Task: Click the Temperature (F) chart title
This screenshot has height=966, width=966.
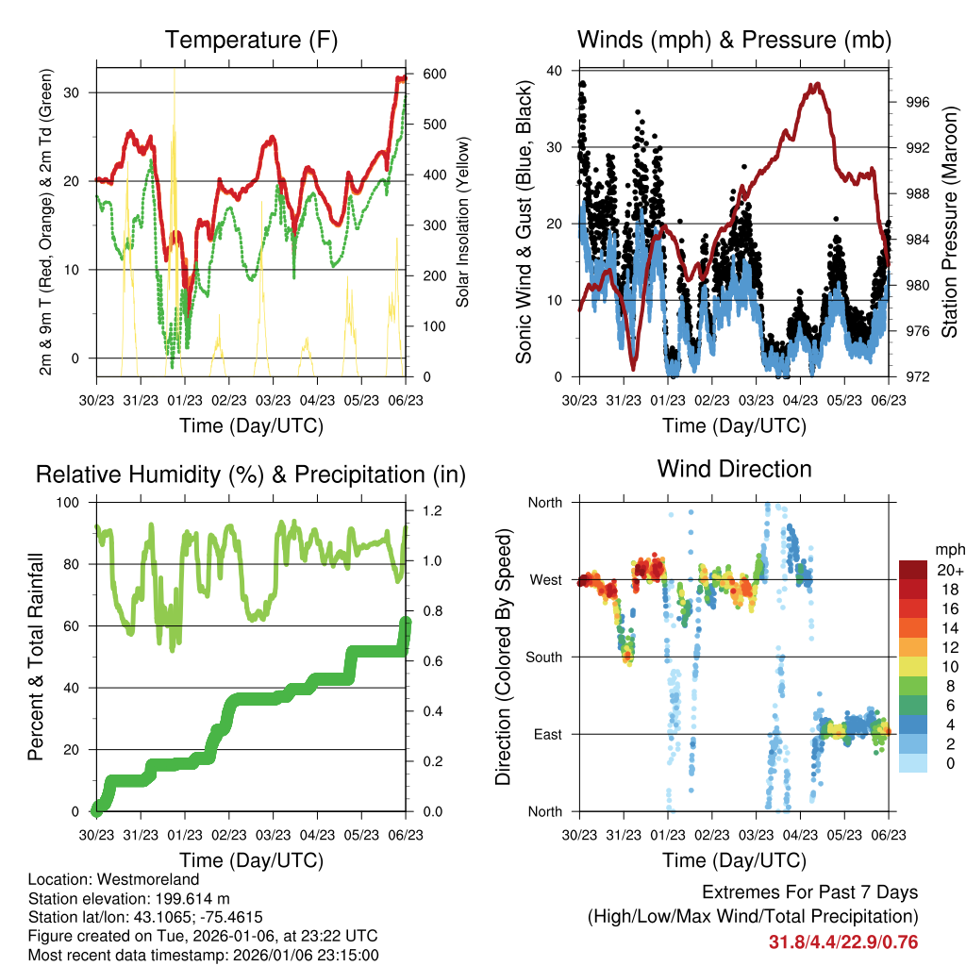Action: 251,40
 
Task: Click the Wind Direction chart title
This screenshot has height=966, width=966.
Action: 734,468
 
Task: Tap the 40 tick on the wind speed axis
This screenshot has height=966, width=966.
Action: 555,71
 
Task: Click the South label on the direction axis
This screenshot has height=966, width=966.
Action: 543,657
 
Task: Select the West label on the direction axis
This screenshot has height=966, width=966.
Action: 545,579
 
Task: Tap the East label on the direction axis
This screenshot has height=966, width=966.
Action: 547,734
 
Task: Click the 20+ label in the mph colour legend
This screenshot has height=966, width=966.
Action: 949,569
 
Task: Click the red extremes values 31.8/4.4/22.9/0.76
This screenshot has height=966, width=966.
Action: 843,941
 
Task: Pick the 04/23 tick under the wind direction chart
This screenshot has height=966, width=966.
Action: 800,835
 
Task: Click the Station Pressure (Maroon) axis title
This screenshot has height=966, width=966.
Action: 949,224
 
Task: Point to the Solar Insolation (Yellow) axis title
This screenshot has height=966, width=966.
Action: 462,224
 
